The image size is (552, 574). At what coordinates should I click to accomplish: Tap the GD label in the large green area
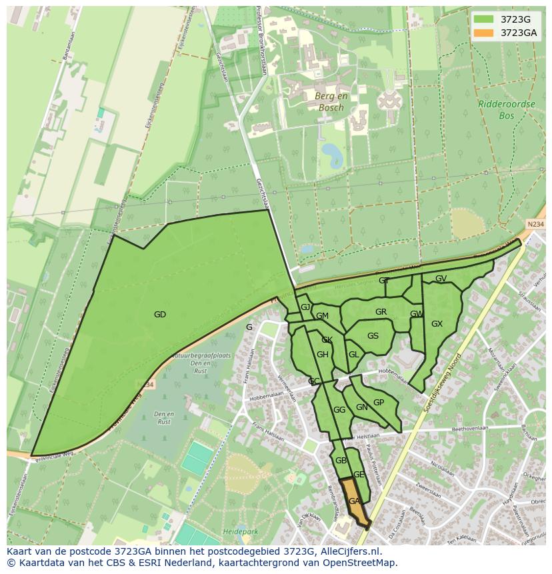[160, 315]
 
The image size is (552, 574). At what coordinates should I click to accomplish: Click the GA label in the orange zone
[355, 501]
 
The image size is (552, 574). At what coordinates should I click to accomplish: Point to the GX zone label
[437, 324]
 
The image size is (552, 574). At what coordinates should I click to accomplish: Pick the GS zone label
[373, 336]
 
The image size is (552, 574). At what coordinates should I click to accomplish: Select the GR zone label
[381, 312]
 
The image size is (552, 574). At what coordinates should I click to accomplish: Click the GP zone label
[379, 403]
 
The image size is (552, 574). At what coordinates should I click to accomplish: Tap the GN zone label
[362, 407]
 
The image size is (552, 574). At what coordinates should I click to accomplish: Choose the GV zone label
[441, 279]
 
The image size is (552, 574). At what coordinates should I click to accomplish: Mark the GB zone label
[341, 461]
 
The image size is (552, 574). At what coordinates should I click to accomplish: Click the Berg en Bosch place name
[329, 102]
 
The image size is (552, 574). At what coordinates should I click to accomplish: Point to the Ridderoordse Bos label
[497, 109]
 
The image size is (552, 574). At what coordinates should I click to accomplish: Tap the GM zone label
[323, 316]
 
